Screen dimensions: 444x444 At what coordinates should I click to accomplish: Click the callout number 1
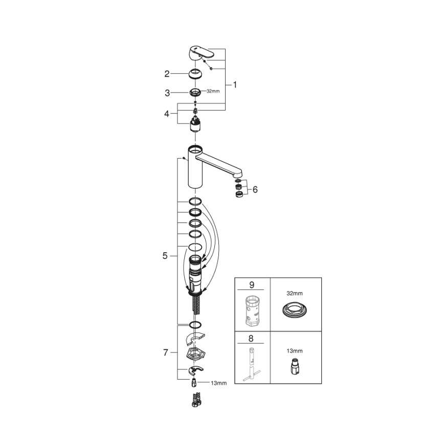point(235,85)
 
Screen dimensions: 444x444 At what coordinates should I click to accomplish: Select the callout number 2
point(167,74)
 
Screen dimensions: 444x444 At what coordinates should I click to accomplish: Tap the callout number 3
point(167,93)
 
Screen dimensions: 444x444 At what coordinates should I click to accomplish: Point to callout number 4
point(167,113)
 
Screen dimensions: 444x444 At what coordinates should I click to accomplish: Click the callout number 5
point(165,256)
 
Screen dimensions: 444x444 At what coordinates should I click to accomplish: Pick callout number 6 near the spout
point(255,189)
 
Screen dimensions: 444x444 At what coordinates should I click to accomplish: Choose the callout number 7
point(165,352)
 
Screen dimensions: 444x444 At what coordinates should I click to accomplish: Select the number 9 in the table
point(252,284)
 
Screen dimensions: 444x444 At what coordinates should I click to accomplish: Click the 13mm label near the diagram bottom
point(218,383)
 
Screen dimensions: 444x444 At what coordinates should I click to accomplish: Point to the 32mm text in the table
point(295,294)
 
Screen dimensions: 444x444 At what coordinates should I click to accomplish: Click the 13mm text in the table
point(295,351)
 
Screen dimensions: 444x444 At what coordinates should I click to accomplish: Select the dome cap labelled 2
point(195,74)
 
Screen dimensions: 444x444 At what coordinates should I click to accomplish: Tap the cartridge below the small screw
point(195,124)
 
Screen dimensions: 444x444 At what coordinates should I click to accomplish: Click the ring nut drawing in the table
point(296,310)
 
